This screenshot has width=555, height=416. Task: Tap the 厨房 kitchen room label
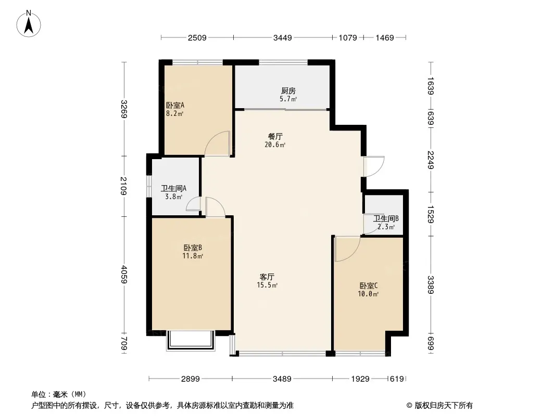tap(288, 91)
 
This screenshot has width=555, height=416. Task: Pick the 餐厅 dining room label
tap(275, 137)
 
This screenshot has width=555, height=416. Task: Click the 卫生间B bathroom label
tap(386, 218)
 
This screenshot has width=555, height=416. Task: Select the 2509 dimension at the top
tap(197, 37)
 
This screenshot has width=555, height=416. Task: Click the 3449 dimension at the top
tap(283, 37)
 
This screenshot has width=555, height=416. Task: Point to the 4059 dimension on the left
tap(123, 275)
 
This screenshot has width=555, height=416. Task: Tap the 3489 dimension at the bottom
tap(282, 379)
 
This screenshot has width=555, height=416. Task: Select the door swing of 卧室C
tap(346, 249)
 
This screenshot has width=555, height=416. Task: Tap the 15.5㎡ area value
tap(267, 285)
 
